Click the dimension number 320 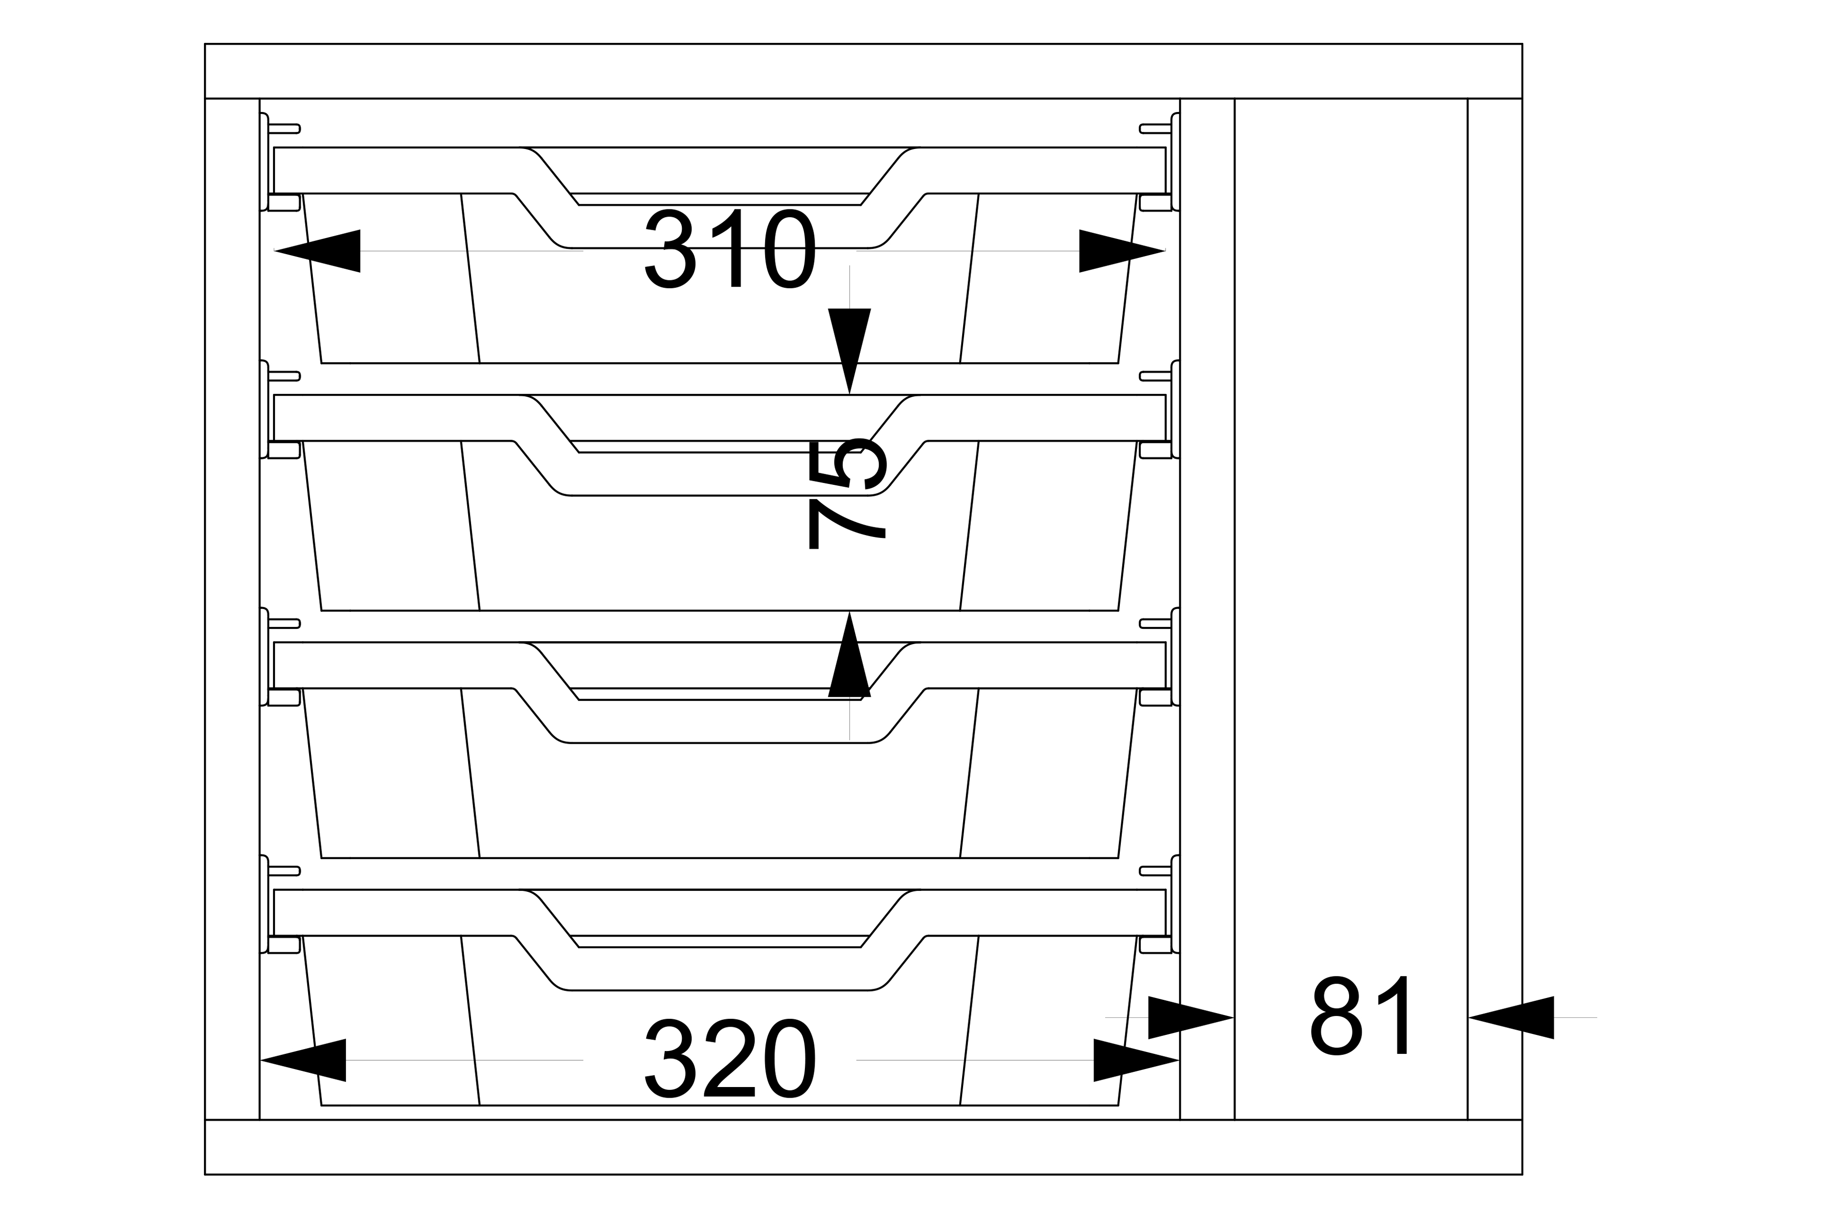point(730,1059)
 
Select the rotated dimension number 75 point(847,495)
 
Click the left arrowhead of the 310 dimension point(318,251)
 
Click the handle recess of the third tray point(719,722)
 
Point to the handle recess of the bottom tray point(719,969)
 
